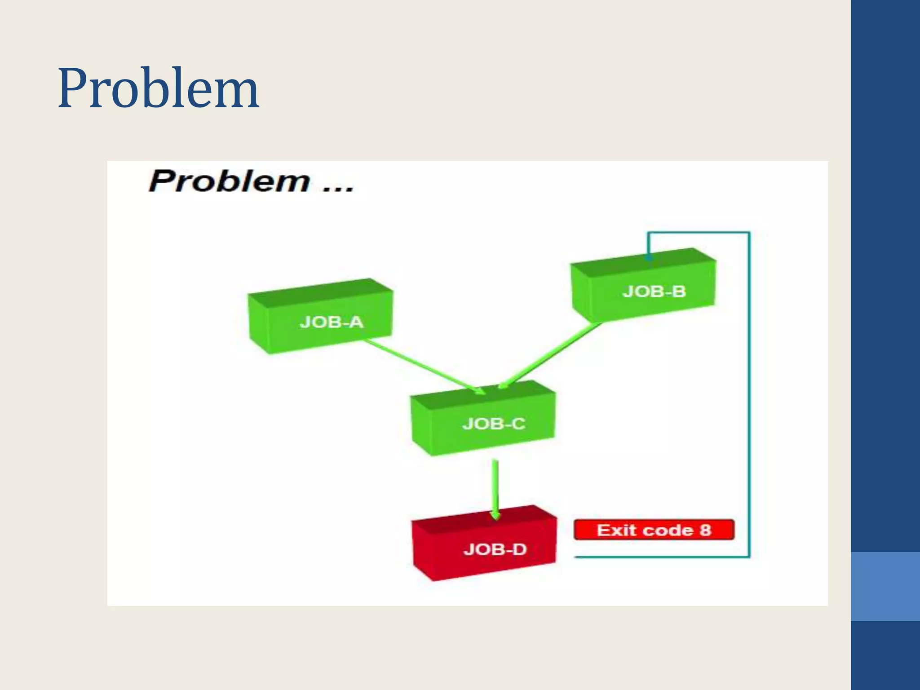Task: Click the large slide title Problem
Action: point(158,88)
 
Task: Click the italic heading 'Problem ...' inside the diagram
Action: point(251,181)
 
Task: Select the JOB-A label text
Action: point(331,322)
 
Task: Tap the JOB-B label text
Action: point(654,292)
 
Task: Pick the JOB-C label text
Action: point(494,424)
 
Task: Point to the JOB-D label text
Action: point(495,549)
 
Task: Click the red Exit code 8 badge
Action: point(654,530)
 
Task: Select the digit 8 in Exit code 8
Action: point(705,530)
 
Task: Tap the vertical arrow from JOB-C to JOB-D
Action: point(495,487)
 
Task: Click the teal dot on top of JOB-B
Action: point(648,258)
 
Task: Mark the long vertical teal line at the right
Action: point(749,395)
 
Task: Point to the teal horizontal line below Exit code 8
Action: point(660,557)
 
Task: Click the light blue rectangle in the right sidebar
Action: point(885,586)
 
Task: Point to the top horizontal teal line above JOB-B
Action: point(699,232)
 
